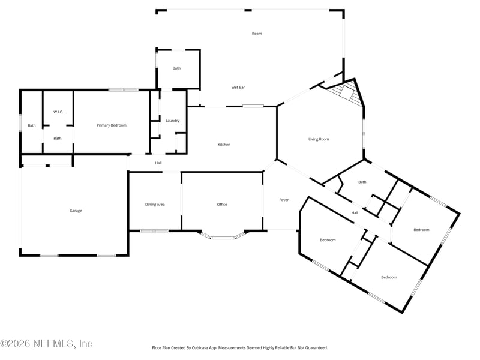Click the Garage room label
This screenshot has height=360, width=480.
76,211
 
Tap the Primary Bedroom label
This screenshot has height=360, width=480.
112,125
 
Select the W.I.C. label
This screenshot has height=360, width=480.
58,112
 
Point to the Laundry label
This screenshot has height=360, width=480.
172,121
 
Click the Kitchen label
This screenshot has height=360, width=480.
224,145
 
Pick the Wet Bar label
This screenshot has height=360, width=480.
238,88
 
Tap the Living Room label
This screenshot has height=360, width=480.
319,139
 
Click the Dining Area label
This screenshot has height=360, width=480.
155,205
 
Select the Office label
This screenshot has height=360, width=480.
222,205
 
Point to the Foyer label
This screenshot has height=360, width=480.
284,200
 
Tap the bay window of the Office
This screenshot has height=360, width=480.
223,236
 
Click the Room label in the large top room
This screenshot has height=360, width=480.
257,34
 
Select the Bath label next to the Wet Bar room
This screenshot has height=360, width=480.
176,68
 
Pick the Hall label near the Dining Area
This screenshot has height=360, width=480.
158,163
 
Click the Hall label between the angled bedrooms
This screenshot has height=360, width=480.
355,213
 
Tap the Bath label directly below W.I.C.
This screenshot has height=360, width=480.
58,139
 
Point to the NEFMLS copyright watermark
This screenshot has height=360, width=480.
46,343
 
